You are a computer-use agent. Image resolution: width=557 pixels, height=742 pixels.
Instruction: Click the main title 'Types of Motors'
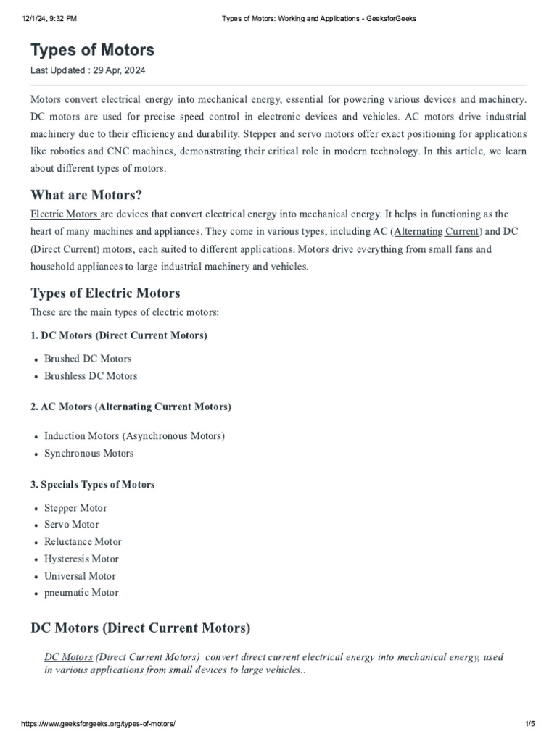tap(92, 50)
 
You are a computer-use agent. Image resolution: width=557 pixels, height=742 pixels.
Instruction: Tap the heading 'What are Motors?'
tap(86, 195)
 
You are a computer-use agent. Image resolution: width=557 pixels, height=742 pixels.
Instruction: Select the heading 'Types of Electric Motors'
tap(105, 293)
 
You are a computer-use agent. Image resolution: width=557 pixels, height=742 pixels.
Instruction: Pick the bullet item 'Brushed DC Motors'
tap(88, 359)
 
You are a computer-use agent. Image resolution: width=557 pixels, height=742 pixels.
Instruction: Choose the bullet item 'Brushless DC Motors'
tap(91, 376)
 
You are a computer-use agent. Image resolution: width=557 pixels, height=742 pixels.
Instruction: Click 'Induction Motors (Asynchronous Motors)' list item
tap(134, 436)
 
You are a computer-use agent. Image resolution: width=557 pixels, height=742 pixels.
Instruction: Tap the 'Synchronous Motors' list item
tap(89, 454)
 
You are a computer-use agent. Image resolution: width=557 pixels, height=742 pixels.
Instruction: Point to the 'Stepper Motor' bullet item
tap(75, 507)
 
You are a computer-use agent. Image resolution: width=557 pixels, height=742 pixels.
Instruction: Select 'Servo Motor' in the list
tap(72, 525)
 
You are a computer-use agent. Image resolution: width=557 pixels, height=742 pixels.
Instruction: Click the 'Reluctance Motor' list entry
tap(83, 542)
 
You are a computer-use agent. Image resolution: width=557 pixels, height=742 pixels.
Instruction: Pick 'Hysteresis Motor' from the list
tap(81, 559)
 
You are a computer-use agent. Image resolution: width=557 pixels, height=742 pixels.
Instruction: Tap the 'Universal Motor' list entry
tap(80, 577)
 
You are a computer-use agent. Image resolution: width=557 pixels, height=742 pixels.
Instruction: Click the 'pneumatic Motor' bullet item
tap(81, 593)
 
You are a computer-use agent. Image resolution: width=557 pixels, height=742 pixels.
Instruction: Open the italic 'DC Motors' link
tap(68, 657)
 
